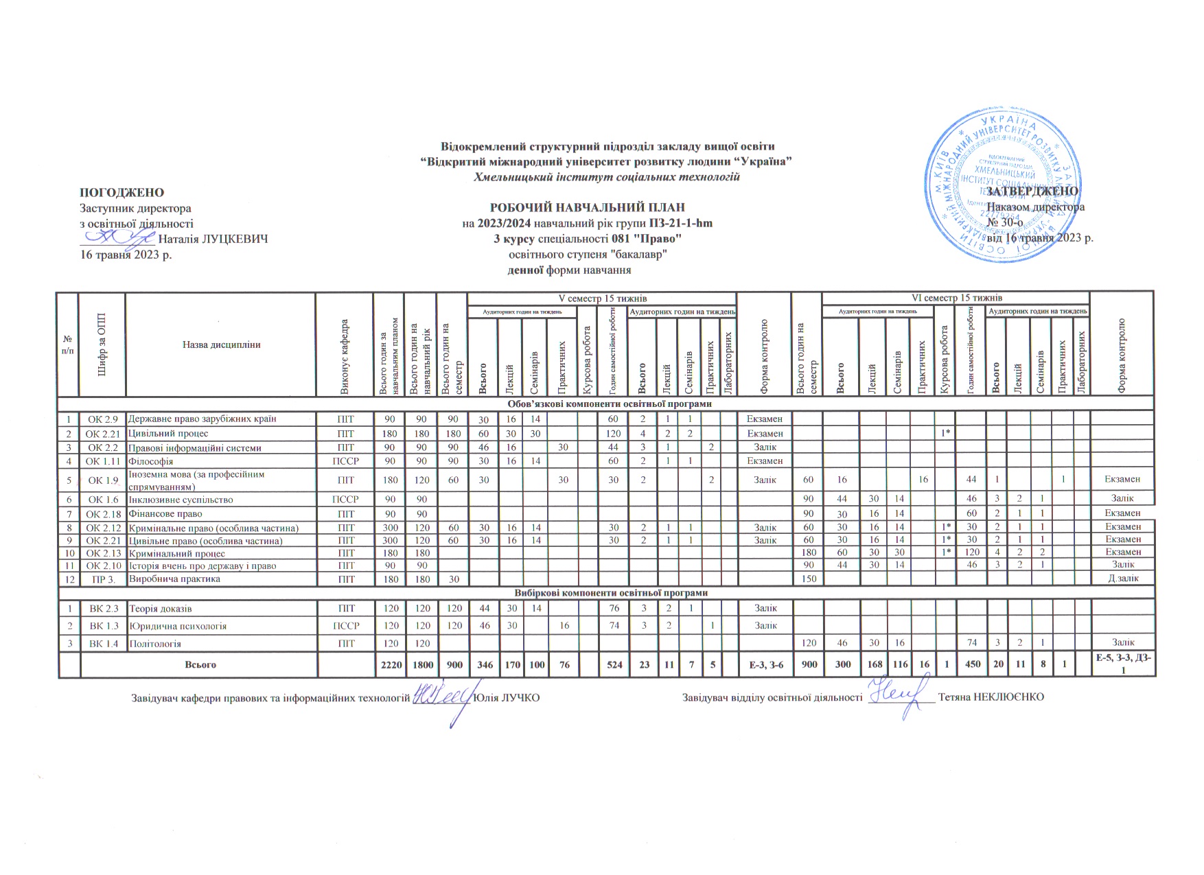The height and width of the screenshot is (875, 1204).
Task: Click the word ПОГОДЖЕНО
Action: (x=122, y=193)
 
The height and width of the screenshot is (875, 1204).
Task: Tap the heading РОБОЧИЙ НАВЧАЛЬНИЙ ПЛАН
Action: (x=587, y=207)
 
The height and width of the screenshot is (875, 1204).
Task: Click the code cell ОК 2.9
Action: (x=103, y=419)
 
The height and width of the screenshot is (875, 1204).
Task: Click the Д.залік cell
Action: (x=1123, y=579)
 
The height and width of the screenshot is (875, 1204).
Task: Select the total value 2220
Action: (x=389, y=664)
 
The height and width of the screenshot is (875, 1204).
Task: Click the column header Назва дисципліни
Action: (x=221, y=345)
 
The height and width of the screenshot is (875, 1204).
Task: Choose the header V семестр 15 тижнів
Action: (x=601, y=299)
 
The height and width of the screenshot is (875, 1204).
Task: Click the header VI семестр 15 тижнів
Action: (x=956, y=299)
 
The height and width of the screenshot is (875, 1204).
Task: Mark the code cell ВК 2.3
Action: (x=104, y=608)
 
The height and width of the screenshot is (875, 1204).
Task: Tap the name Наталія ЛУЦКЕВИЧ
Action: (x=213, y=240)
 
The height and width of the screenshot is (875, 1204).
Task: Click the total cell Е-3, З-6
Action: (x=764, y=665)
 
